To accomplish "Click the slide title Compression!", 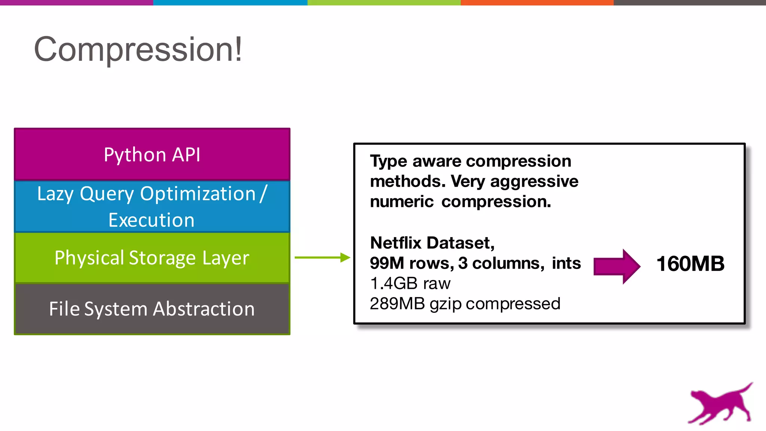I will point(138,49).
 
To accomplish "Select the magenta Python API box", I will point(152,155).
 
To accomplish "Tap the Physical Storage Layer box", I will point(152,258).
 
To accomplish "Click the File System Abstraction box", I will point(152,309).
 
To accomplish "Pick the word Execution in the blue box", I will point(151,220).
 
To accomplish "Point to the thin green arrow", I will point(322,257).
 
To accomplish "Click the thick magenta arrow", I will point(616,266).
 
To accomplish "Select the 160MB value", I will point(690,264).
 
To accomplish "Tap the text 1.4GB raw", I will point(410,284).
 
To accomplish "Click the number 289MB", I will point(397,304).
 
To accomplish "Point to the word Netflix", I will point(396,243).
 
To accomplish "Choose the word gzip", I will point(445,304).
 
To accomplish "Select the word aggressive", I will point(534,181).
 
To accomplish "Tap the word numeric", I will point(401,202).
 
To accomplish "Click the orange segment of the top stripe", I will point(537,3).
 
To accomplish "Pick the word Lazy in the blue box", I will point(55,194).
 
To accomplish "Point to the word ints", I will point(566,263).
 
